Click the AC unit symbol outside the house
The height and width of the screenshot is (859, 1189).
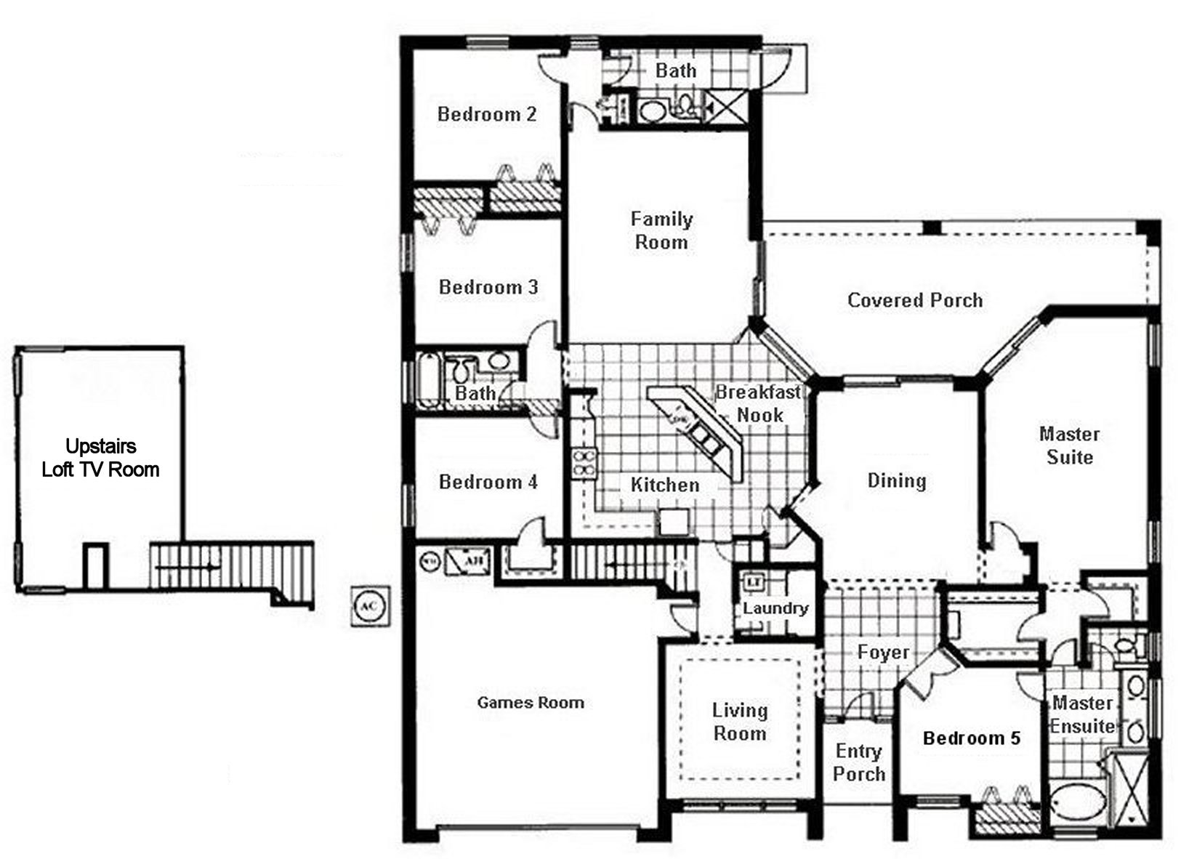point(371,606)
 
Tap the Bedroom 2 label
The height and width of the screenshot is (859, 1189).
point(487,114)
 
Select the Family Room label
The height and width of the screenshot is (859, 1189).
point(661,230)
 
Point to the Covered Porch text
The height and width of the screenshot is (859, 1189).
point(915,300)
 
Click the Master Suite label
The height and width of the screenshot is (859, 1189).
point(1068,445)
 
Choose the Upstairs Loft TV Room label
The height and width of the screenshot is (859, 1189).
point(100,458)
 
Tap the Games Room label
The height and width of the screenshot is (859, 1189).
point(531,703)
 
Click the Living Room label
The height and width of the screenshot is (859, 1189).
point(740,722)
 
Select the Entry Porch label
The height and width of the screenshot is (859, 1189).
point(858,762)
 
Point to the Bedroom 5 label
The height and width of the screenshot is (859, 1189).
point(972,738)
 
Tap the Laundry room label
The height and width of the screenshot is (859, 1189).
point(775,608)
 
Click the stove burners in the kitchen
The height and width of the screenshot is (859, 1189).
point(584,464)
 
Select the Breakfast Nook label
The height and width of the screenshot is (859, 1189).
point(759,403)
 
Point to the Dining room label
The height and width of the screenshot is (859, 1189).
point(897,480)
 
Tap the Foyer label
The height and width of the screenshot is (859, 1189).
point(883,652)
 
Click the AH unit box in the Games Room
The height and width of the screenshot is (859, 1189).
point(466,560)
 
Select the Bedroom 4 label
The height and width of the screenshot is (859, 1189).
point(488,482)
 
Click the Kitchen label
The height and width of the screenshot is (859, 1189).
point(665,485)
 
